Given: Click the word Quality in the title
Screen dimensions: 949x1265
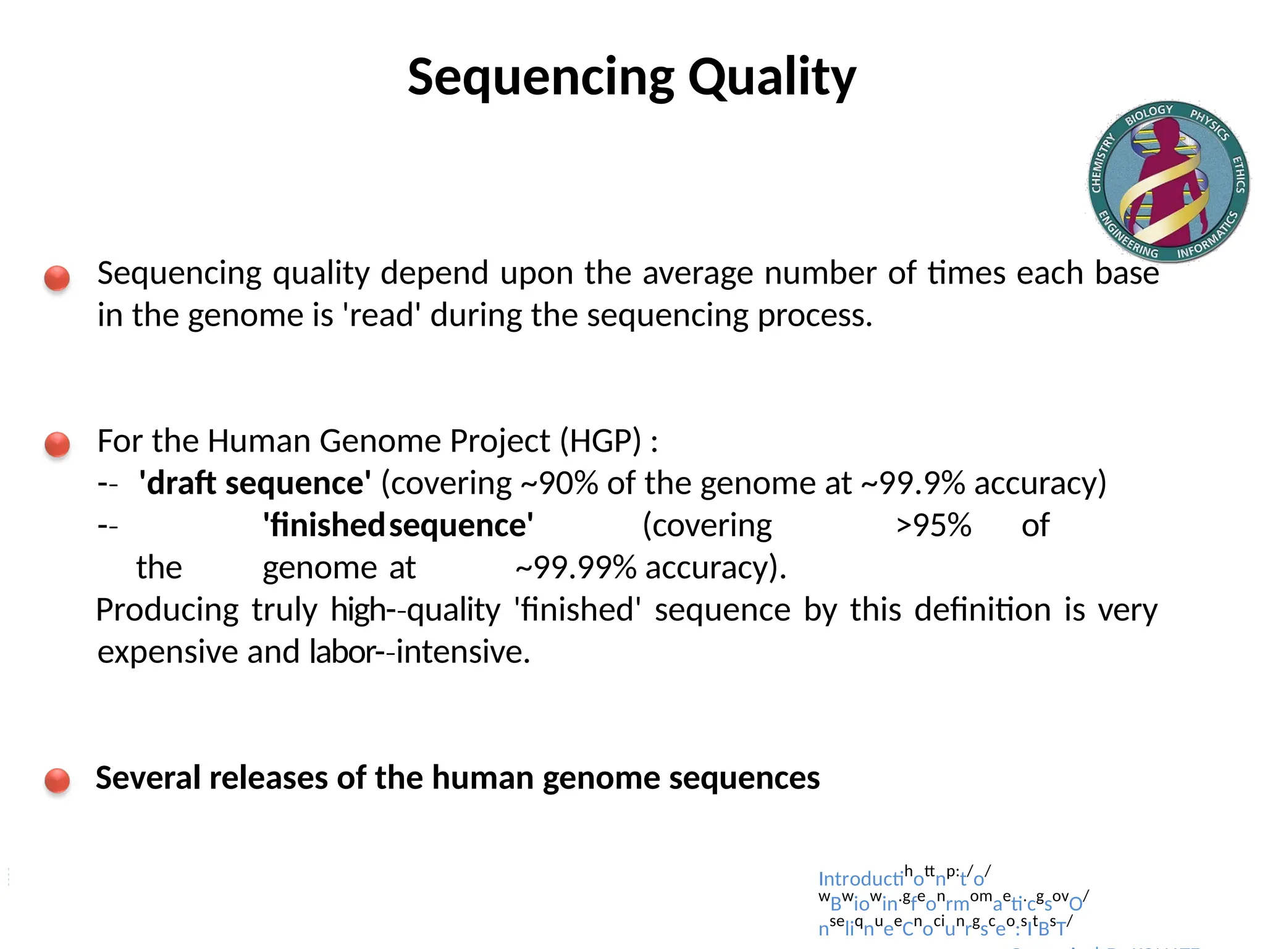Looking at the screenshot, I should [772, 77].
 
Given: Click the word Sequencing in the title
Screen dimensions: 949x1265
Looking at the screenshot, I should [541, 77].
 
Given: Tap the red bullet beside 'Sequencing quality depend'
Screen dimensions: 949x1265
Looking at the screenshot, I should [57, 278].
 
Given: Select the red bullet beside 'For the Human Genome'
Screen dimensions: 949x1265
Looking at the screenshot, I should [57, 444].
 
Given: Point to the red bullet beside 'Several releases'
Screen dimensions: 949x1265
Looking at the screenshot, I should [57, 780].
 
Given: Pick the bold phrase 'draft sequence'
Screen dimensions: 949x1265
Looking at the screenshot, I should [255, 483].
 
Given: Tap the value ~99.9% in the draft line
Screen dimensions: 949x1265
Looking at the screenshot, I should [912, 483].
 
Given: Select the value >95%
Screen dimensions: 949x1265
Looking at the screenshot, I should [933, 526].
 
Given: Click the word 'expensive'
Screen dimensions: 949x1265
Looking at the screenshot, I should [167, 652].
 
